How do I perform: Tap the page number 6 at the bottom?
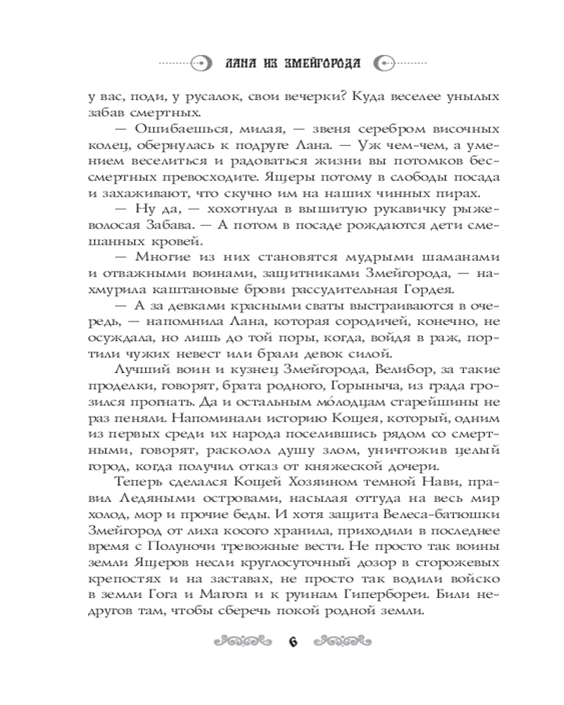(292, 642)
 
